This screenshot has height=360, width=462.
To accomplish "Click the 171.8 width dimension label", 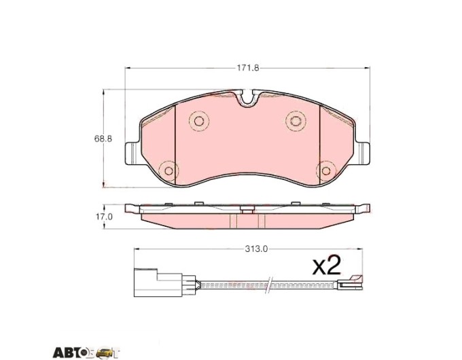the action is (248, 68).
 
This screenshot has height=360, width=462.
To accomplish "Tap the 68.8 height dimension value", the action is (103, 139).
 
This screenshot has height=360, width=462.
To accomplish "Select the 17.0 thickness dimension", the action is (104, 217).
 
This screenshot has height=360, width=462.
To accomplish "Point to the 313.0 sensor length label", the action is (256, 249).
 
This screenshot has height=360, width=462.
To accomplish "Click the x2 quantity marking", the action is (327, 265).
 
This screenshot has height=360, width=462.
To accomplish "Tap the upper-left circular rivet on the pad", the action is (199, 121).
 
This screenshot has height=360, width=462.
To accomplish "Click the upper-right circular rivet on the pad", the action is (296, 121).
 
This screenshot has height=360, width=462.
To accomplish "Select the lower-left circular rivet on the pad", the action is (168, 170).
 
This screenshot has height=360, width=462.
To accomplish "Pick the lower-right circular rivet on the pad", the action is (326, 170).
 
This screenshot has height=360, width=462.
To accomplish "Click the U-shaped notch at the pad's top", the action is (247, 98).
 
